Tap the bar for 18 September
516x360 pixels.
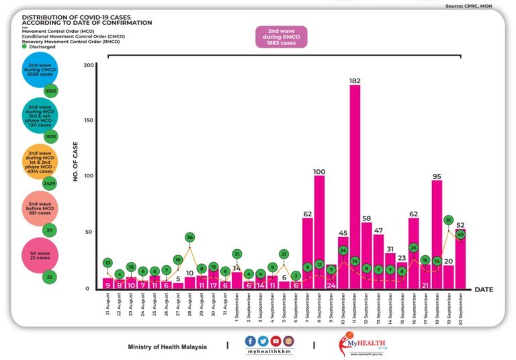click(437, 232)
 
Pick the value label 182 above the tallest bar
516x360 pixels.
click(355, 81)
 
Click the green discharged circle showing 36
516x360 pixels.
click(190, 237)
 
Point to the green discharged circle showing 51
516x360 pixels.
click(449, 220)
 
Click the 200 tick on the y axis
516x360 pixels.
click(89, 65)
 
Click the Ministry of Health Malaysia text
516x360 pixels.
click(167, 347)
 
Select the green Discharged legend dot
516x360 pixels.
click(25, 46)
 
